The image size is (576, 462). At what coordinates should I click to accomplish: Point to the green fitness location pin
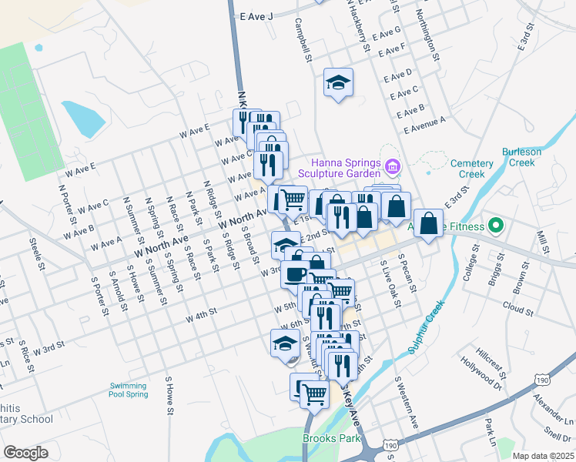tap(496, 226)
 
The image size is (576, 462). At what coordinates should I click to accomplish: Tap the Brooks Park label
tap(333, 438)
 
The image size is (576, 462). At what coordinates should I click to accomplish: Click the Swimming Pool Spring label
tap(128, 390)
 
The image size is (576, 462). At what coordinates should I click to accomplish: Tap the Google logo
tap(25, 453)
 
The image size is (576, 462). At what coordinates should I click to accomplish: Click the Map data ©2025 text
tap(542, 456)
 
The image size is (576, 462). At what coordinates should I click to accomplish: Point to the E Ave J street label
tap(256, 15)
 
